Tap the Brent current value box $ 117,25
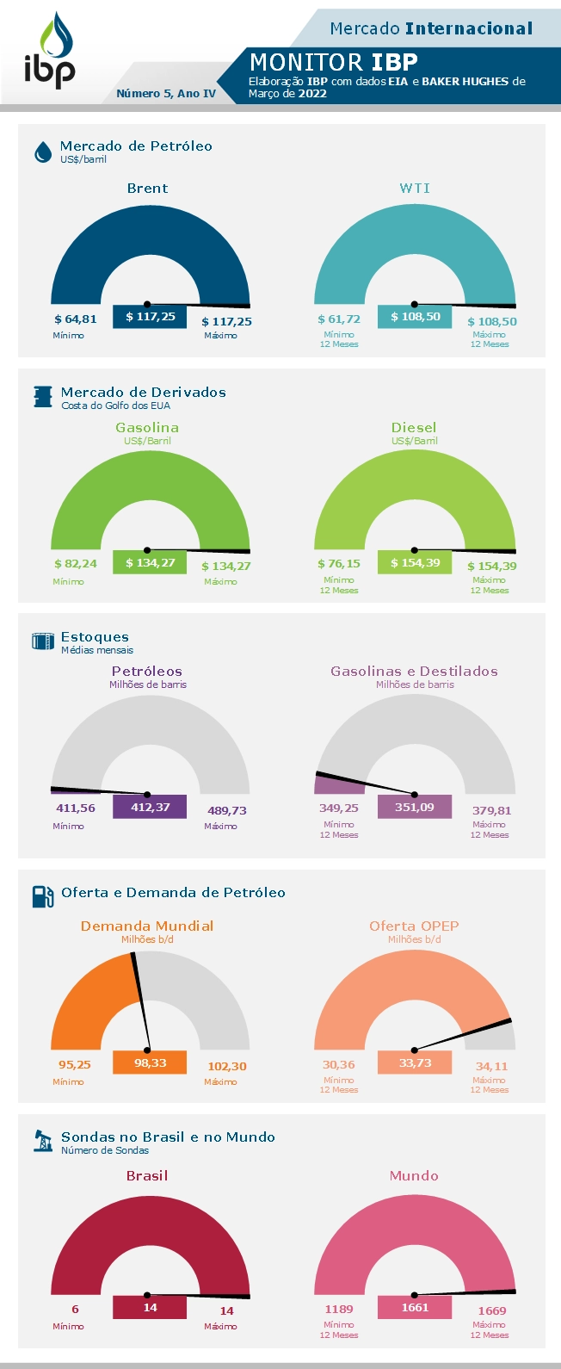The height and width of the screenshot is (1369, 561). tap(150, 317)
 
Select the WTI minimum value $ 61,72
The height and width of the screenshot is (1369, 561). tap(339, 319)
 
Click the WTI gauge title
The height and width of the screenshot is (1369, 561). tap(415, 189)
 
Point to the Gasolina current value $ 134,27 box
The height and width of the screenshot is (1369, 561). tap(150, 563)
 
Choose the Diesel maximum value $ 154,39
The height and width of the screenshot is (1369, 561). tap(491, 566)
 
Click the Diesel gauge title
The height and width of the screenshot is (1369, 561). tap(414, 427)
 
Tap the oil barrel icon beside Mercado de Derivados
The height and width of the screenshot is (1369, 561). tap(42, 397)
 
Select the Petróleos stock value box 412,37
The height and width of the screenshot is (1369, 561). tap(150, 807)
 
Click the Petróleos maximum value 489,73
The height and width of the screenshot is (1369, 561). tap(227, 810)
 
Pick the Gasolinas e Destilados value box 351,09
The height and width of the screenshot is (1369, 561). tap(414, 807)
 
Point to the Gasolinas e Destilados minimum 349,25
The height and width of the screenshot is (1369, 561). tap(339, 808)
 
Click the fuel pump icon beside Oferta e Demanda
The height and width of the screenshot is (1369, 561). tap(42, 896)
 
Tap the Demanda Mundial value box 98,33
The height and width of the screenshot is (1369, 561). tap(150, 1062)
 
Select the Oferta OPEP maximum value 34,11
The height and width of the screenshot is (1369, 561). tap(491, 1066)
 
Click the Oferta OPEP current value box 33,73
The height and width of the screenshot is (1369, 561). tap(414, 1062)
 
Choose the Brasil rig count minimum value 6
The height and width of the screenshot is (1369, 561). tap(75, 1310)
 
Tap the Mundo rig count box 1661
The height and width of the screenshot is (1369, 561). tap(414, 1307)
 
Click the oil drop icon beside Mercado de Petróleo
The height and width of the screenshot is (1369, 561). tap(42, 152)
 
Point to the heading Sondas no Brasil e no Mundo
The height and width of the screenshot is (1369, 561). tap(168, 1137)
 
